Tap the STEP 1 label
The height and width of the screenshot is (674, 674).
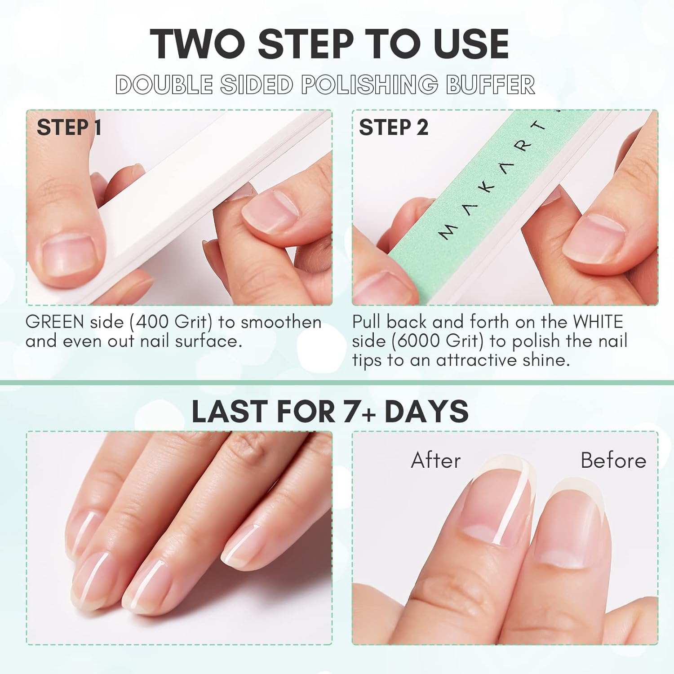69,128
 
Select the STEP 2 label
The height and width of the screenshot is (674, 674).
393,128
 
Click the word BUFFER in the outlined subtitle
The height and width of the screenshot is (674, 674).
490,84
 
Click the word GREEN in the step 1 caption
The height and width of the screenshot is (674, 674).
55,322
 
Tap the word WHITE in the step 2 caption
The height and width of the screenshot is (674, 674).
598,322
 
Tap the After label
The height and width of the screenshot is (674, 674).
436,461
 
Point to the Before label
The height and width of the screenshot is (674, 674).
613,461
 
